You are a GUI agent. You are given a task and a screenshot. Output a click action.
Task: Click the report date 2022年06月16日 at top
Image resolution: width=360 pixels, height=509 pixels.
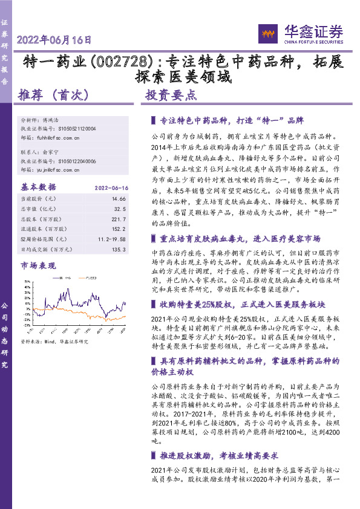[55, 41]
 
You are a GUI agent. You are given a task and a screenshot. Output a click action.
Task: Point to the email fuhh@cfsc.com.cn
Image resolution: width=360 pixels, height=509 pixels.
[59, 138]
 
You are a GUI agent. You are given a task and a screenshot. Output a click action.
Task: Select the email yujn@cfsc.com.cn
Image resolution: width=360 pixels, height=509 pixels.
[59, 170]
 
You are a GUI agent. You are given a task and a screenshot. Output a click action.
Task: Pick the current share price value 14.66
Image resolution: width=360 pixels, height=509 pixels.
[118, 198]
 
